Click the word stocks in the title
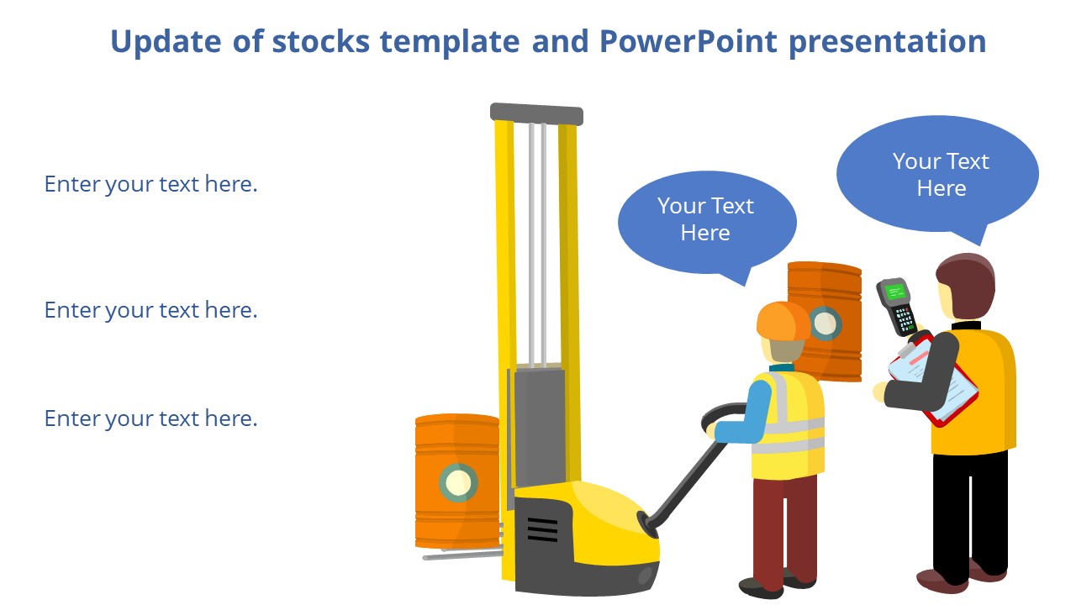320,41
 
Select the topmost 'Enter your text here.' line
150,184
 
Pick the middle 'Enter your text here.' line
150,310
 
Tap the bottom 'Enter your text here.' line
150,418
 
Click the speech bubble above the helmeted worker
706,220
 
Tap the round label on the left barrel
458,482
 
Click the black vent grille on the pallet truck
542,529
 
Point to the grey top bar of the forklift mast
536,113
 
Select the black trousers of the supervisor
970,513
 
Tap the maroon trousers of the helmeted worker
782,529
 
